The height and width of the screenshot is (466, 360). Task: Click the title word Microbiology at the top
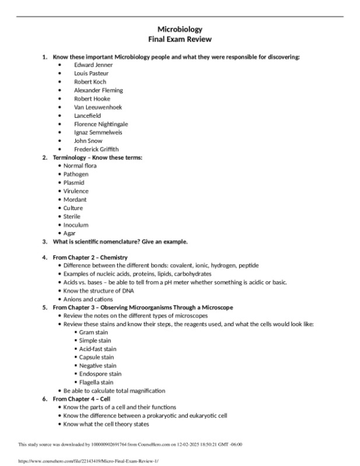click(x=180, y=29)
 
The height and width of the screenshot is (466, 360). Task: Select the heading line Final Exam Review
click(x=180, y=39)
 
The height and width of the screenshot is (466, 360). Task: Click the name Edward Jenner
click(x=93, y=65)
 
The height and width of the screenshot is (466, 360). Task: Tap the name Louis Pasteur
click(x=91, y=73)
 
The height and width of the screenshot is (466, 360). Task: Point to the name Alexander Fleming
click(x=98, y=90)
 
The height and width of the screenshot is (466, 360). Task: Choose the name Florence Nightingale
click(x=101, y=124)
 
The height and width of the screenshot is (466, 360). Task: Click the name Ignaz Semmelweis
click(x=97, y=132)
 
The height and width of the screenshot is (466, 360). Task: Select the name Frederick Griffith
click(x=96, y=149)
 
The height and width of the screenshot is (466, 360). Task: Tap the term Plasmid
click(x=74, y=183)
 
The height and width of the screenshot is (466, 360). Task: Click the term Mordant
click(x=75, y=199)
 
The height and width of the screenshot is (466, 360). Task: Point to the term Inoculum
click(x=76, y=225)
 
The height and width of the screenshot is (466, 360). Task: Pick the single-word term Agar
click(x=69, y=233)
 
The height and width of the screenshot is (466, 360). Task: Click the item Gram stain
click(x=94, y=332)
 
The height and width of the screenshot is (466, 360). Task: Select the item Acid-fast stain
click(x=97, y=349)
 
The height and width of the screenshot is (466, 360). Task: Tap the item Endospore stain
click(x=100, y=374)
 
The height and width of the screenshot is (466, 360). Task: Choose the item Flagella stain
click(x=96, y=383)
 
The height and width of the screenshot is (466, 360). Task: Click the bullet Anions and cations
click(x=88, y=299)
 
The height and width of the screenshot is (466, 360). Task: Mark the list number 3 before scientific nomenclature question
click(x=45, y=241)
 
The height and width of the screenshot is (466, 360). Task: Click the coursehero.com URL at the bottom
click(x=81, y=460)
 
